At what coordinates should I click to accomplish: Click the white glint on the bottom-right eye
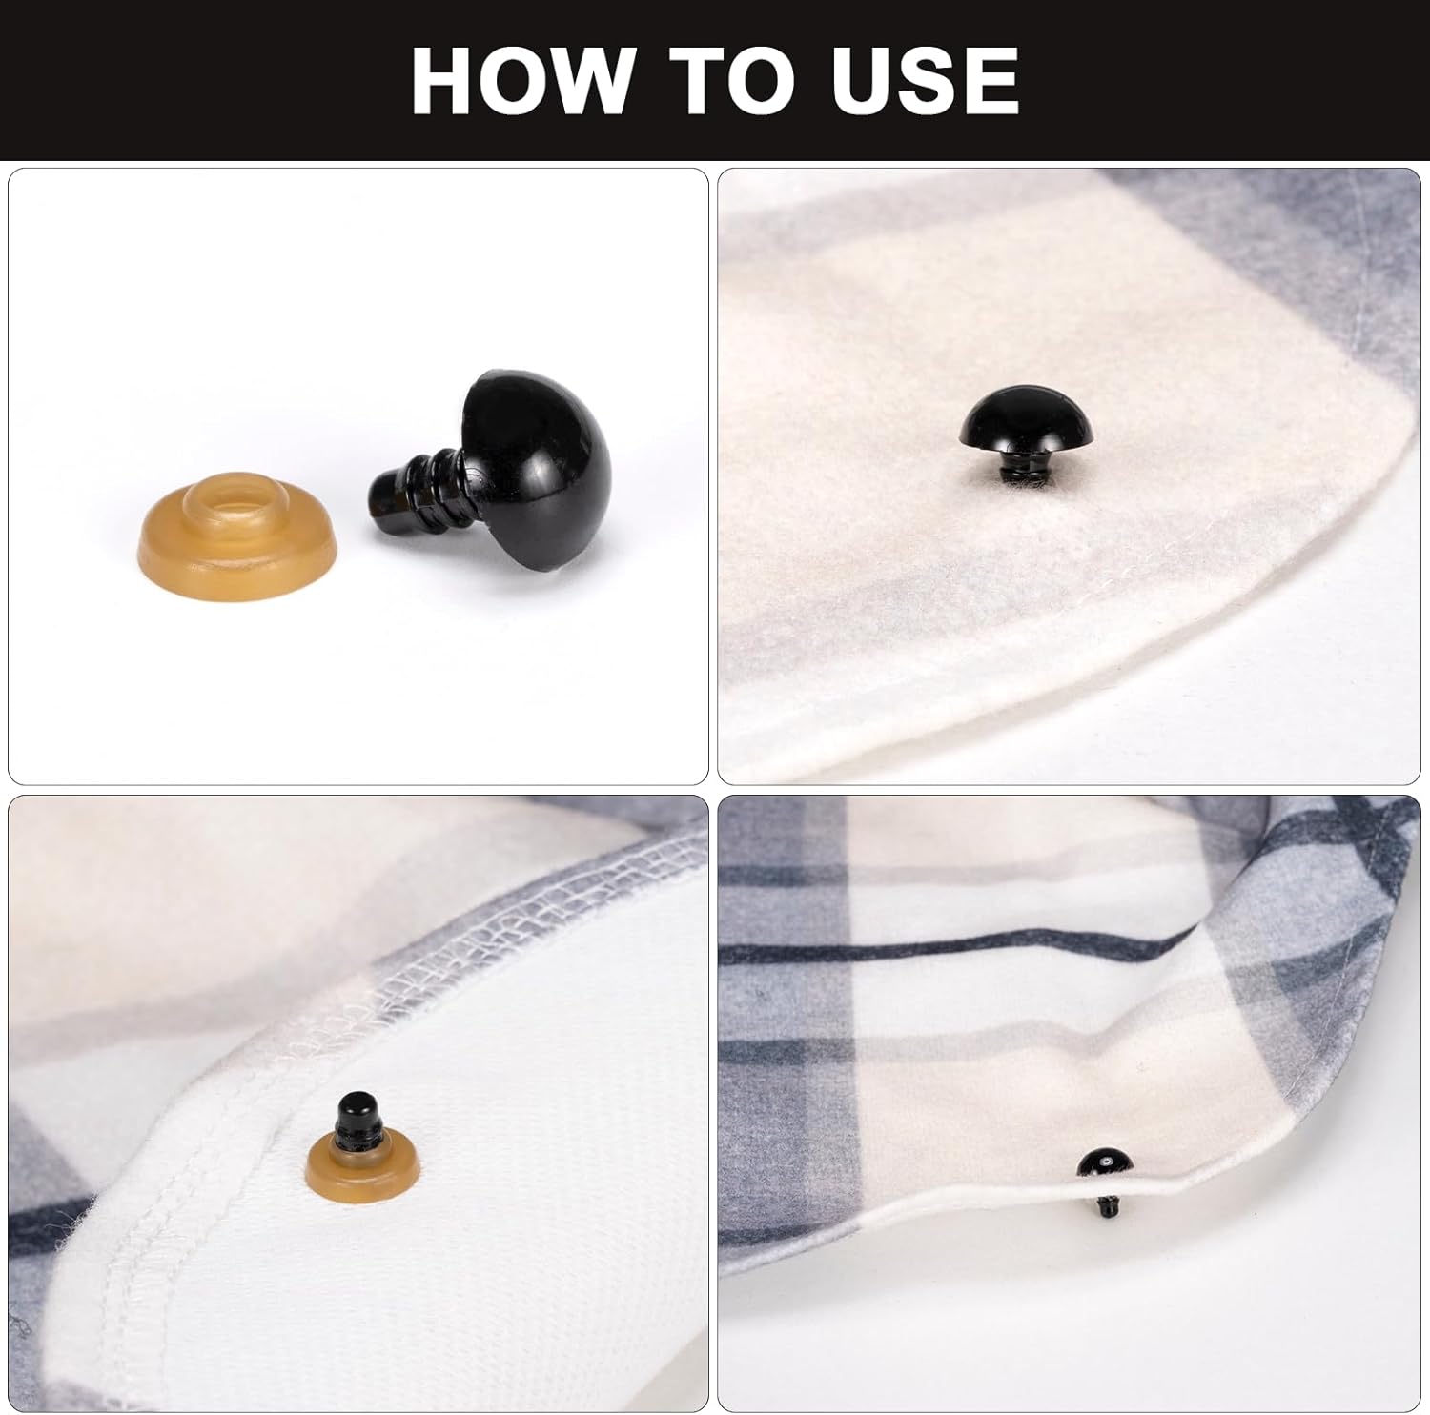point(1103,1164)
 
